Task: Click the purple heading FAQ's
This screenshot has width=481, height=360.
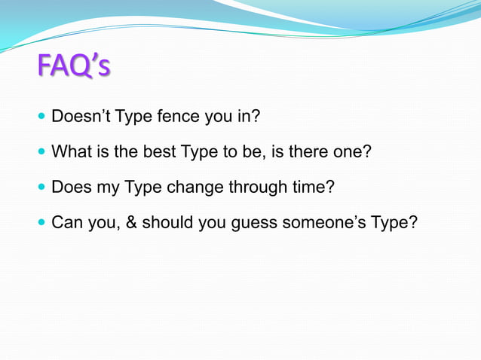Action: tap(73, 66)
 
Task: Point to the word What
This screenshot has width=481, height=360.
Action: tap(69, 152)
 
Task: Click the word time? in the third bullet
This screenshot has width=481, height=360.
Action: tap(311, 187)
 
